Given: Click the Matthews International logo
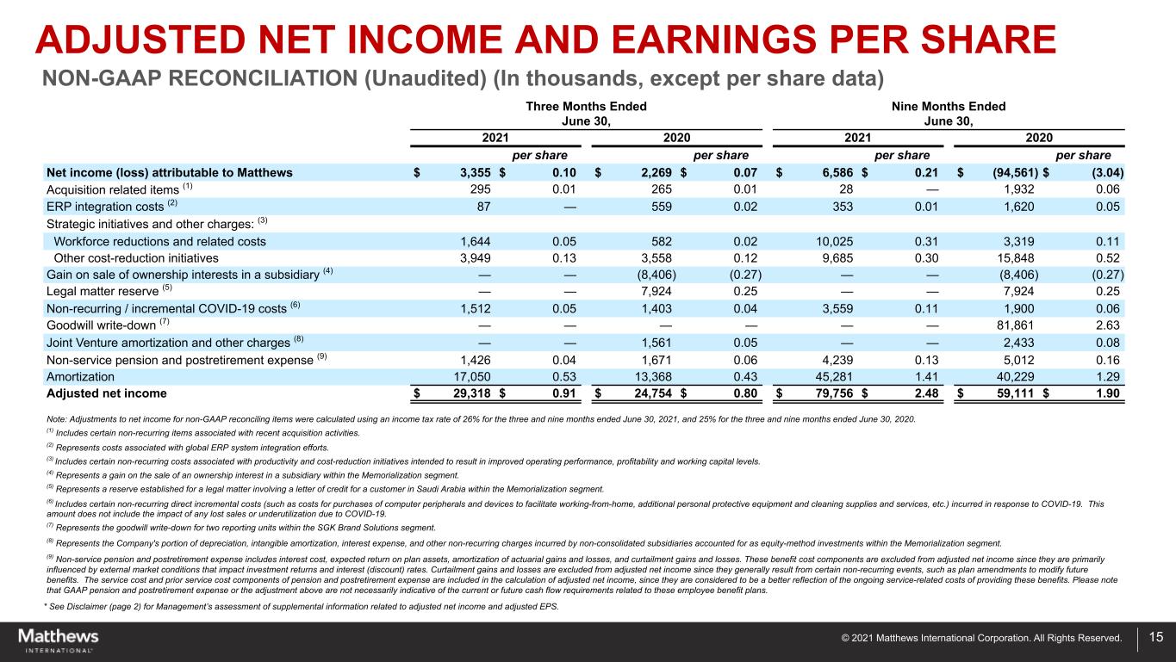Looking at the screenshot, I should tap(59, 640).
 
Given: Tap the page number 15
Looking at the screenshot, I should tap(1155, 638).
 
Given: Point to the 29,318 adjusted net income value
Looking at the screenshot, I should tap(466, 393).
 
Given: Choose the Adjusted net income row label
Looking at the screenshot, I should tap(106, 393).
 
